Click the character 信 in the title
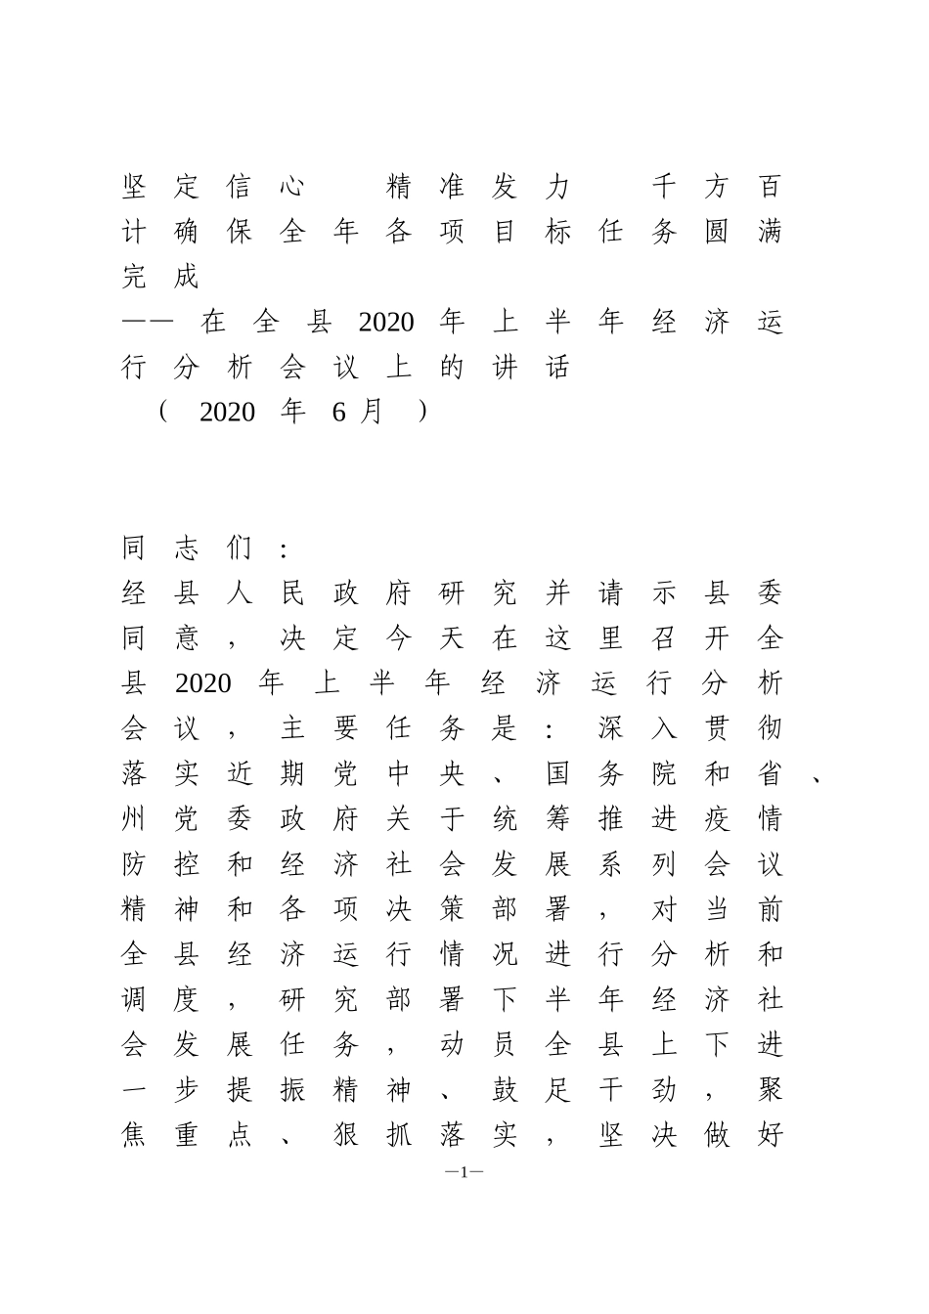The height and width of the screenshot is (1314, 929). pos(239,186)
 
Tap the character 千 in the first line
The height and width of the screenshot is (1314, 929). pos(664,186)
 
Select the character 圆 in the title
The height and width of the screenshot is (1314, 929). pos(717,232)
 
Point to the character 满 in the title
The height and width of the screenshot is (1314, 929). pos(770,232)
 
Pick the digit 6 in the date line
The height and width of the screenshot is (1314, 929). pos(338,413)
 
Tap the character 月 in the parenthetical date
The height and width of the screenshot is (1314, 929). pos(371,412)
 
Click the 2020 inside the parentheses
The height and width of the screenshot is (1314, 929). pos(227,413)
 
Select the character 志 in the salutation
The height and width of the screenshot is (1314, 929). pos(186,547)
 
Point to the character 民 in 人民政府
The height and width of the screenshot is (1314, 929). pos(292,592)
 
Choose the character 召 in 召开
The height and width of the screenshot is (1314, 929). pos(664,637)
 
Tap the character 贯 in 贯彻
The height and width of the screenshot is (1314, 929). pos(717,728)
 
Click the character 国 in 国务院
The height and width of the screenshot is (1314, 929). pos(557,773)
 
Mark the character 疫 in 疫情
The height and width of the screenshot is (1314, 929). pos(717,818)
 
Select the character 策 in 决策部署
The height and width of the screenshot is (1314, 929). pos(452,909)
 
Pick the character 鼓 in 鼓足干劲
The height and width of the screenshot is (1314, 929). pos(505,1090)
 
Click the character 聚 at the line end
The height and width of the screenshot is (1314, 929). pos(770,1090)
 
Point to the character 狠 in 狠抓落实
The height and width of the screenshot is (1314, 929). pos(345,1135)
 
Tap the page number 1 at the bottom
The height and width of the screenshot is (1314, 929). pos(464,1171)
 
